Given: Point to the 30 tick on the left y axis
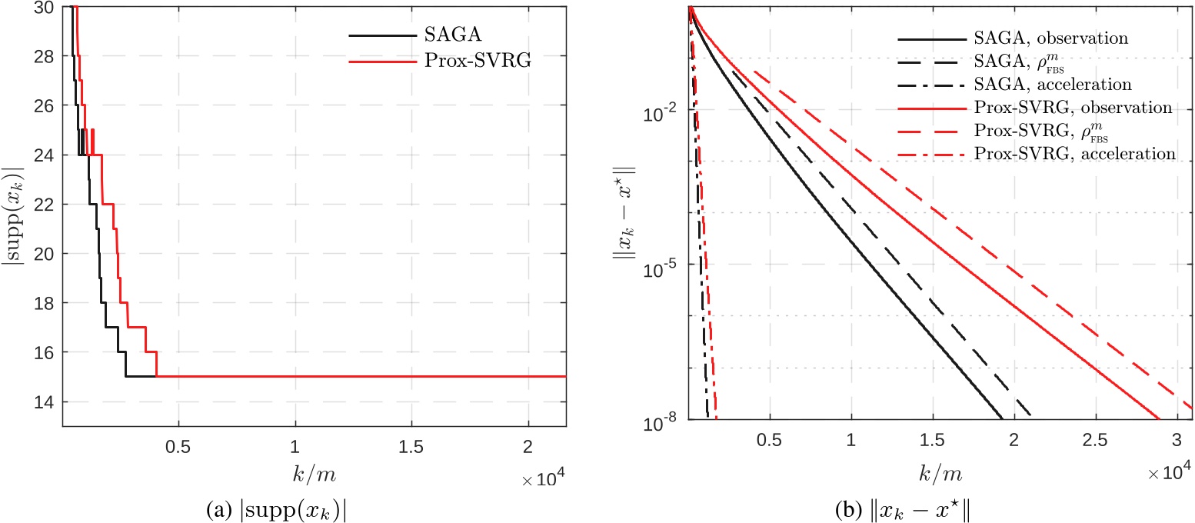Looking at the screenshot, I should click(x=45, y=8).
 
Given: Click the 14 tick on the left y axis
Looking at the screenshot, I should click(x=45, y=401).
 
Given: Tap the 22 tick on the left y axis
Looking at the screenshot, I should click(x=45, y=205).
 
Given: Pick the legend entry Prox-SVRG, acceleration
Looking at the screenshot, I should click(x=1066, y=154).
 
